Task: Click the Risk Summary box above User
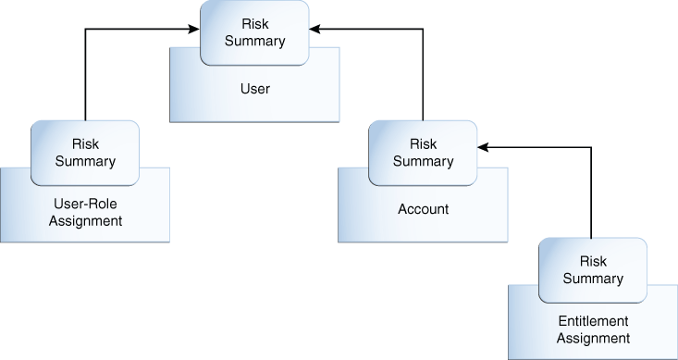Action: click(254, 32)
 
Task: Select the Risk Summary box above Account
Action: click(423, 153)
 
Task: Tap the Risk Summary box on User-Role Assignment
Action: click(85, 153)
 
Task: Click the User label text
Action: click(254, 89)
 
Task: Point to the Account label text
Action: click(423, 209)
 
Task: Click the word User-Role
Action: click(85, 204)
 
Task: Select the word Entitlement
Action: click(593, 321)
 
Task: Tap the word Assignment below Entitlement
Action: click(593, 338)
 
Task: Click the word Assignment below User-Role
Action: click(85, 221)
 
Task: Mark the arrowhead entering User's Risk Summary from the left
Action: click(195, 30)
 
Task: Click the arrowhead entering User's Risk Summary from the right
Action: click(314, 30)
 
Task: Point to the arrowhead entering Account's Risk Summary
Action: click(483, 146)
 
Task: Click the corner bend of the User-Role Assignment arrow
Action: click(85, 30)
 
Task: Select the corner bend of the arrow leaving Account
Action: click(423, 30)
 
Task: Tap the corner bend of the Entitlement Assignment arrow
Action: click(592, 146)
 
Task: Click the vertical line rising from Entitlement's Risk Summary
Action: click(592, 194)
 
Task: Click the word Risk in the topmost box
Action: click(254, 24)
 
